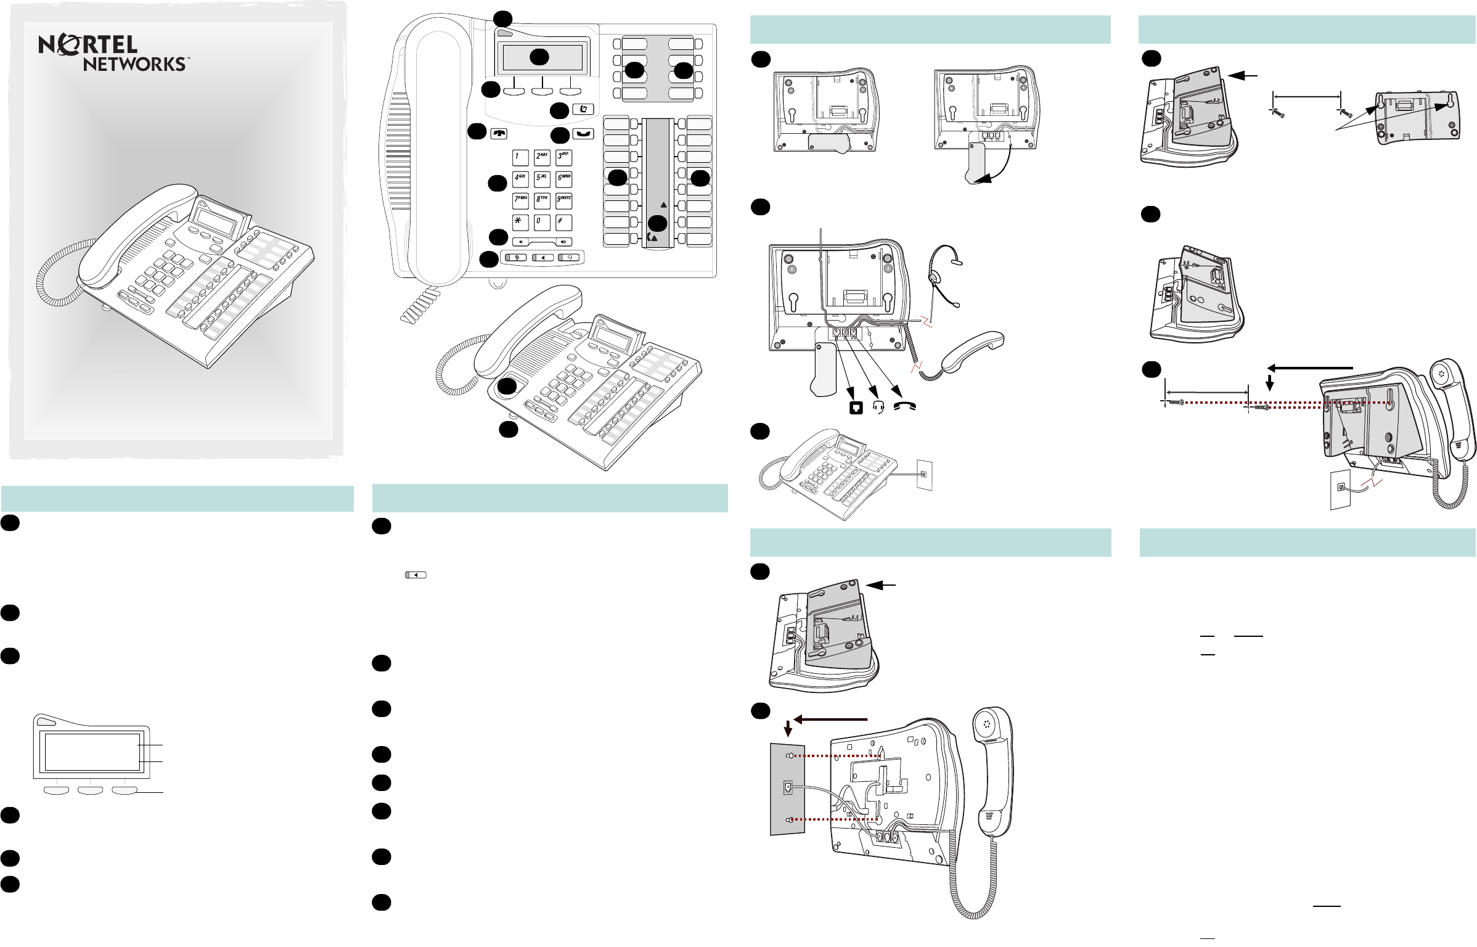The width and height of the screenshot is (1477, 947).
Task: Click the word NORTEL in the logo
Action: coord(88,44)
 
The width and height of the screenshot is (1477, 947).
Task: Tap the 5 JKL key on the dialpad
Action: coord(542,179)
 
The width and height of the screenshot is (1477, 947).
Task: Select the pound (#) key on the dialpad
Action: coord(563,222)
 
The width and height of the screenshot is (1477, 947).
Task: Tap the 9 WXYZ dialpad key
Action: coord(563,201)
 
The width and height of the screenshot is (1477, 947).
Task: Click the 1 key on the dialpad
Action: coord(521,158)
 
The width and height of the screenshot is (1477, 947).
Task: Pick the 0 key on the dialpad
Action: coord(542,222)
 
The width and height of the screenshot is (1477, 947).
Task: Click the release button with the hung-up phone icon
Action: coord(499,134)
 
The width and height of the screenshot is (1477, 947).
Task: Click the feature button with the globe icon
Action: coord(583,109)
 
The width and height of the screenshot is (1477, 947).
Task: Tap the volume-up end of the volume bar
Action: coord(563,242)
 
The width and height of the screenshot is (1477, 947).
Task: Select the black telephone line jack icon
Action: coord(856,408)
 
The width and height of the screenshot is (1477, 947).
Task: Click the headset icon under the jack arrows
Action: coord(879,408)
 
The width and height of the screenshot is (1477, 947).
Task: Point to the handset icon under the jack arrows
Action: coord(905,406)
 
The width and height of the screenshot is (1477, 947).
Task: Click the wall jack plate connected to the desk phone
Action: coord(924,475)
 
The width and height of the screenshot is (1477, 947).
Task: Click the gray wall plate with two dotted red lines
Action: coord(787,789)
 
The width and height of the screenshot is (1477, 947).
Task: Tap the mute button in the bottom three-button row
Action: coord(517,258)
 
